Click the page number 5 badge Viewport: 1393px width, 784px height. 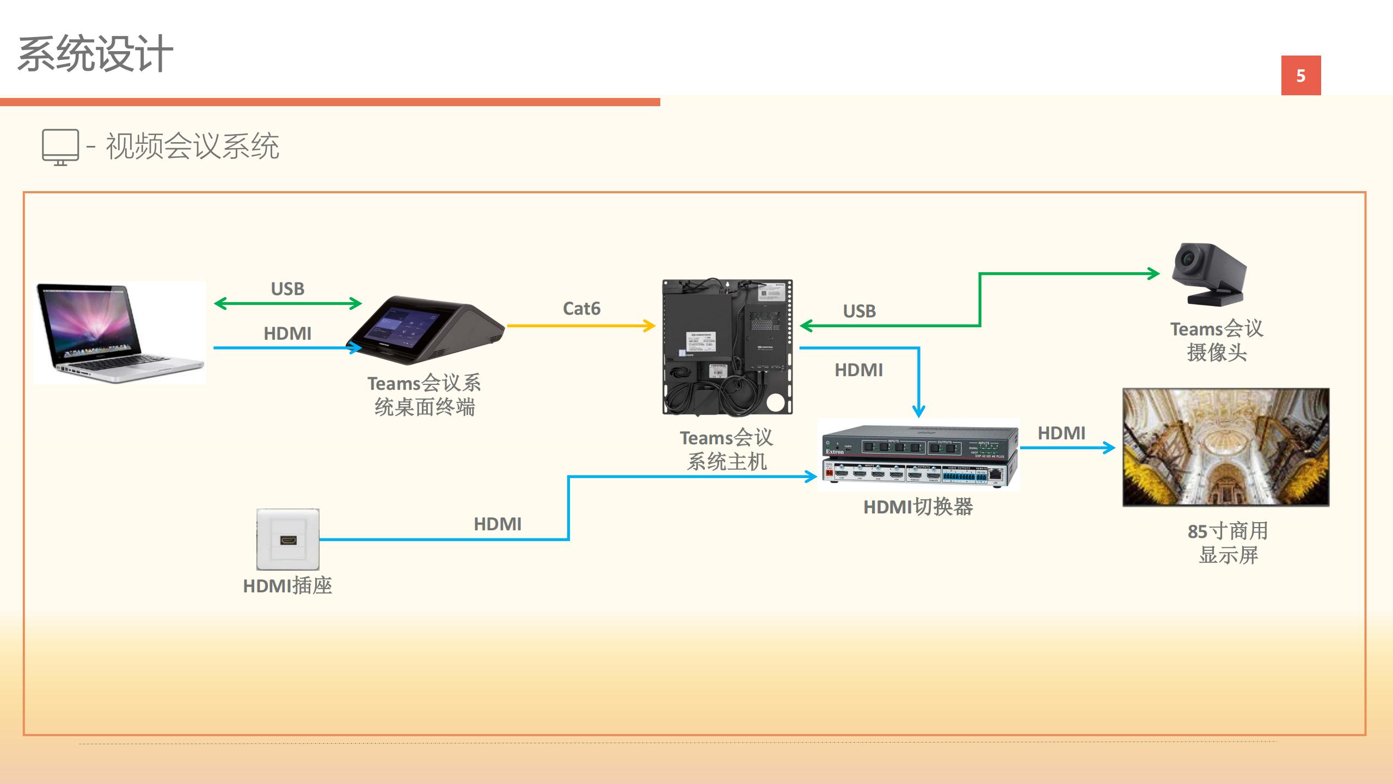(x=1300, y=75)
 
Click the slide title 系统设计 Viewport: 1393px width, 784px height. (x=95, y=54)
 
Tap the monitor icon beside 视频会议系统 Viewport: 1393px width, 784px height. (x=60, y=146)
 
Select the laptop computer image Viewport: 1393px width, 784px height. (x=119, y=332)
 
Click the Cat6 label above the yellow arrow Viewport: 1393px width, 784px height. (x=581, y=309)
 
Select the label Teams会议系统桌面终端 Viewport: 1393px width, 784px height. (x=424, y=395)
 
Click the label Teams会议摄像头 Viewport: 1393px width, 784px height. (x=1217, y=341)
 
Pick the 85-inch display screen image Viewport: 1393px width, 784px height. (x=1226, y=447)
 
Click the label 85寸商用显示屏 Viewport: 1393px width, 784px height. (x=1228, y=543)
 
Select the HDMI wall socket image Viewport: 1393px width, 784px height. (x=288, y=539)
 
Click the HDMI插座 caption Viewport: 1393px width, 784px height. (x=287, y=586)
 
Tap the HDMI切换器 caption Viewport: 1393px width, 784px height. (x=918, y=507)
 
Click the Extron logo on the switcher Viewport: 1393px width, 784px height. (x=834, y=452)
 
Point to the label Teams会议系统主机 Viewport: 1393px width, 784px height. (x=727, y=450)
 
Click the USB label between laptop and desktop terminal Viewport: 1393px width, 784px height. (x=287, y=289)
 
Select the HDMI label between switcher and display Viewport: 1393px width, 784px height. (x=1061, y=433)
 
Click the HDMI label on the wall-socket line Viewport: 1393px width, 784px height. (x=498, y=524)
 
